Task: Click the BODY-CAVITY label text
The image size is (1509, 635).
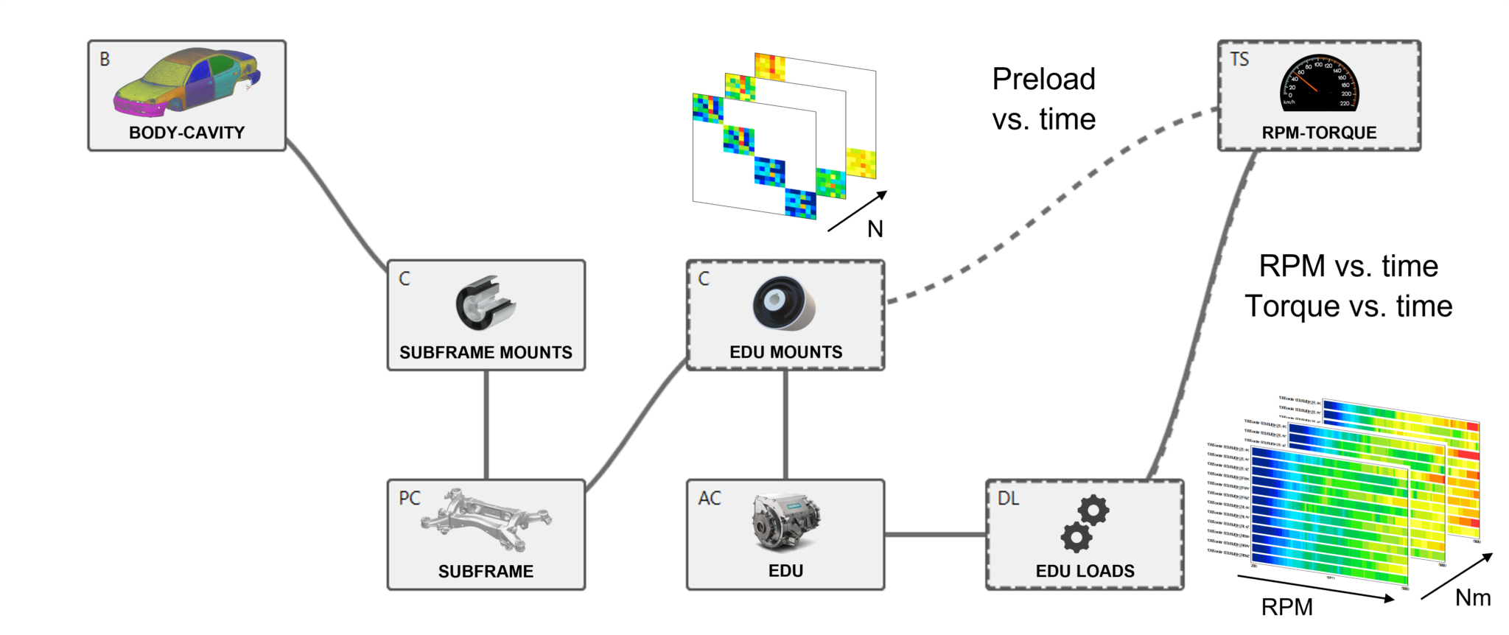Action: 186,133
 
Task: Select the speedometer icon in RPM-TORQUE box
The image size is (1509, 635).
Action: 1319,84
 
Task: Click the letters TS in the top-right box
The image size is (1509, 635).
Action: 1239,60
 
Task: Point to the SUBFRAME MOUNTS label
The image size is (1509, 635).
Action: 486,352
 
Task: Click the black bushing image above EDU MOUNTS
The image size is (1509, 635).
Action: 782,304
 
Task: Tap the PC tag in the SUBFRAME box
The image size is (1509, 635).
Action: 410,499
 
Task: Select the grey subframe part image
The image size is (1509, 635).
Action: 486,519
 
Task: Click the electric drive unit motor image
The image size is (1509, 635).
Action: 785,522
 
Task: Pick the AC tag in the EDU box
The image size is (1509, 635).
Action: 710,499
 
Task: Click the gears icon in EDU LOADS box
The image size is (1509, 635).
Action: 1085,523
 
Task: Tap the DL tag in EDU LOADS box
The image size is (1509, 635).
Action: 1008,499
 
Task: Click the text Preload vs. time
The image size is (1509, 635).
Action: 1043,99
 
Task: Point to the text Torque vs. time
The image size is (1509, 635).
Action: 1348,306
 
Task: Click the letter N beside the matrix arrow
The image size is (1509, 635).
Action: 875,229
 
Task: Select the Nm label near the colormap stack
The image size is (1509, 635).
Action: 1472,597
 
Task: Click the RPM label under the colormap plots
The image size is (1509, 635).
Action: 1286,607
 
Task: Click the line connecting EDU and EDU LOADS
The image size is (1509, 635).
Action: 935,534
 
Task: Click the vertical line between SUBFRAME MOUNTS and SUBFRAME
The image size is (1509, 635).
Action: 486,425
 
